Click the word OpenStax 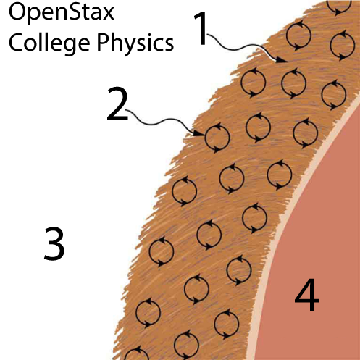(x=62, y=12)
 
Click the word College (x=49, y=43)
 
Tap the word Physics (x=135, y=43)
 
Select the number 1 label (x=201, y=28)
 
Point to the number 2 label (x=117, y=104)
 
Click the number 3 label (x=54, y=244)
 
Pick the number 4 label (x=306, y=295)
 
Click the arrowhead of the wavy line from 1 (x=282, y=60)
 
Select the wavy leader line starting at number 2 (x=164, y=121)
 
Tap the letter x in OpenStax (x=108, y=14)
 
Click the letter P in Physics (x=102, y=42)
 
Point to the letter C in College (x=15, y=42)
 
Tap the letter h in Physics (x=117, y=41)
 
